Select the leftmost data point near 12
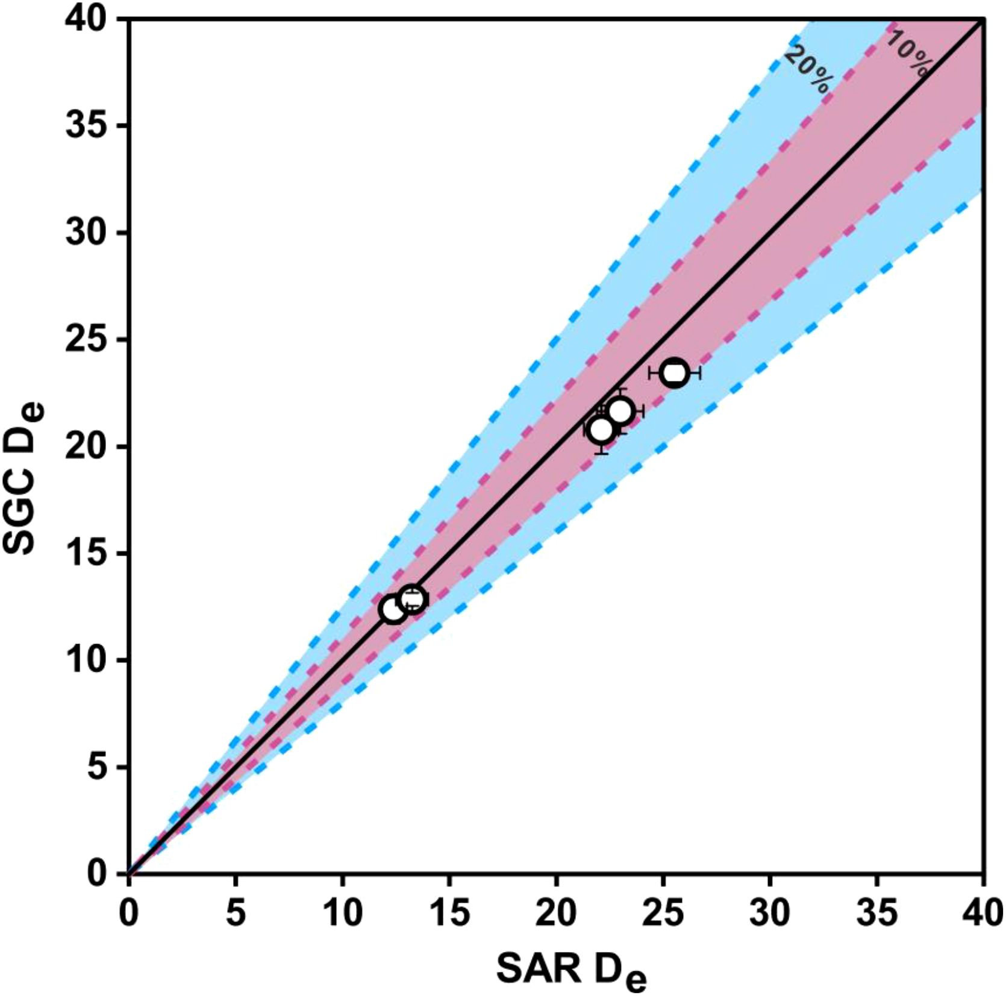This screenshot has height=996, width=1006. (393, 609)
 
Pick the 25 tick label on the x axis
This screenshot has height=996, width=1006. (663, 913)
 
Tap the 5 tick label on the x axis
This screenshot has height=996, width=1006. (235, 913)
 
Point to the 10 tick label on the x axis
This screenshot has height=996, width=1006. (342, 913)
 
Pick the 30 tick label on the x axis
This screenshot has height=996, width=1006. (769, 913)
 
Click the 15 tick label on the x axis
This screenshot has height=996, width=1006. (449, 913)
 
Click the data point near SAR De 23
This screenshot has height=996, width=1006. (620, 412)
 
